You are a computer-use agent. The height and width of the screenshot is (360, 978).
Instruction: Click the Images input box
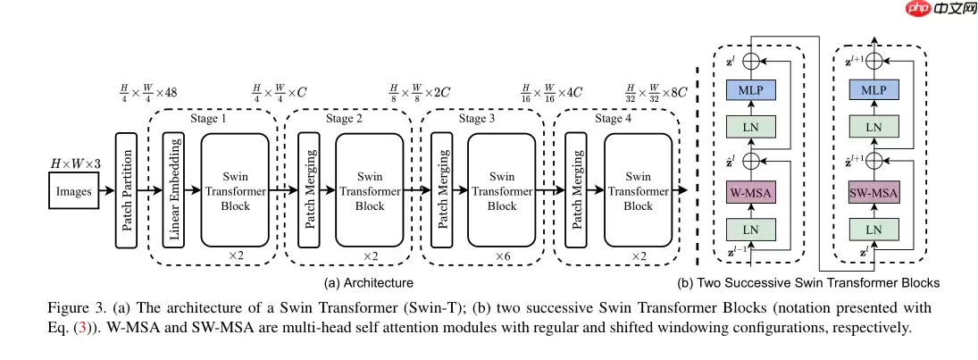(x=74, y=191)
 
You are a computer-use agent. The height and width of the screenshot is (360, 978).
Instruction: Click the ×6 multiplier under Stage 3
(x=504, y=256)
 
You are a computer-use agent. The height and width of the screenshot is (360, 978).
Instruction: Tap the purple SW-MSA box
(x=874, y=194)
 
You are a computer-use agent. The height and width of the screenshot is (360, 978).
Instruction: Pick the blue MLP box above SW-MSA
(x=874, y=90)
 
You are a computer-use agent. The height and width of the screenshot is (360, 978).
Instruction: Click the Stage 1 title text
(x=209, y=118)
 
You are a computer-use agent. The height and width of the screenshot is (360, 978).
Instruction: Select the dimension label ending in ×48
(x=149, y=91)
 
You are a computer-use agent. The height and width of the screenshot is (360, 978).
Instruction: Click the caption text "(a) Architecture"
(x=369, y=283)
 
